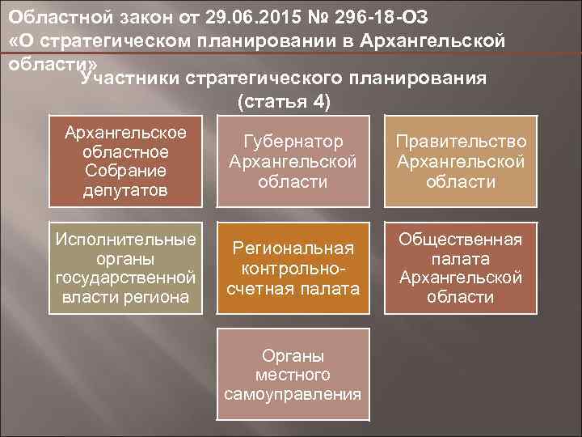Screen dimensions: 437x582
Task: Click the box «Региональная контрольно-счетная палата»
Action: [293, 267]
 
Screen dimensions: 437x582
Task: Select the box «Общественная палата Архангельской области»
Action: [461, 267]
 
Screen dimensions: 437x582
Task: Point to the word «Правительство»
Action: [461, 142]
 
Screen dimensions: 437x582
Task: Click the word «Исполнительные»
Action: [124, 240]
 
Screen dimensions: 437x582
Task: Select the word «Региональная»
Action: [293, 248]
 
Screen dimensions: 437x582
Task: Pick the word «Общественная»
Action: [461, 240]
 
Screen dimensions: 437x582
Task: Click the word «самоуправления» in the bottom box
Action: [293, 394]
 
